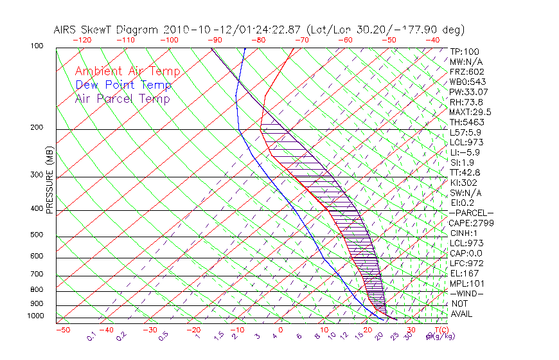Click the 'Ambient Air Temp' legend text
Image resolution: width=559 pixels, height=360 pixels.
(127, 71)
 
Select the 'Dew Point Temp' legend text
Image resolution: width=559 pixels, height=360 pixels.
(123, 85)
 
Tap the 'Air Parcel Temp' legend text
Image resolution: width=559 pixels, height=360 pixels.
(122, 98)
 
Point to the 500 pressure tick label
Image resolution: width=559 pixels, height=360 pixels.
(37, 235)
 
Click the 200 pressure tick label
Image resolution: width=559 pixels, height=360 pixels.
(37, 128)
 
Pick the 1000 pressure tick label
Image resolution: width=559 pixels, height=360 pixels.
(35, 316)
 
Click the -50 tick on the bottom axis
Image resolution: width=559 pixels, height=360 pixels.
(62, 330)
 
